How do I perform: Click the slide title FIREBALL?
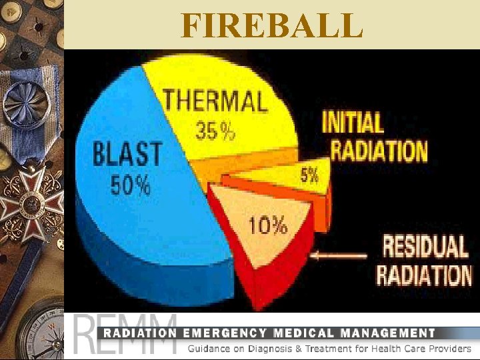272,25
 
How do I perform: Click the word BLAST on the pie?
127,155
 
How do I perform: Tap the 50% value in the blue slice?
130,185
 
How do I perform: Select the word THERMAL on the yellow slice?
215,102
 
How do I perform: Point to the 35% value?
215,132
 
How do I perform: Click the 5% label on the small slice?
309,175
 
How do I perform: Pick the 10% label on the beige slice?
268,226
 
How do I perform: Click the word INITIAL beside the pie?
353,123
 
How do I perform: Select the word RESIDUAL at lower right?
425,247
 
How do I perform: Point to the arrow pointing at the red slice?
340,255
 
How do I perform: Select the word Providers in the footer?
447,349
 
